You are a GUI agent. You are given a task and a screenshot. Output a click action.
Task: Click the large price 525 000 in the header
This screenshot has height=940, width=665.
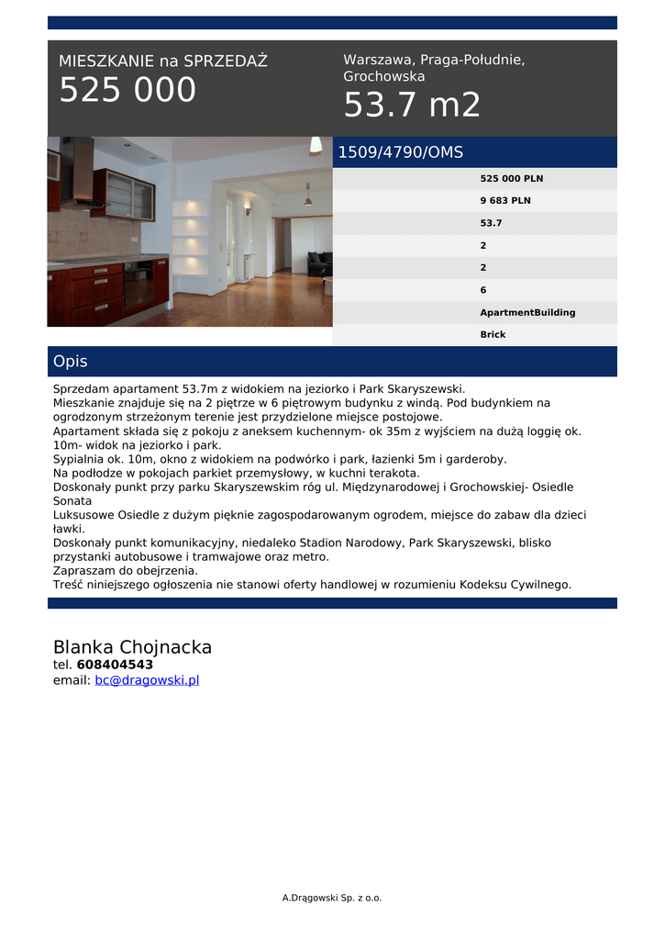pos(127,90)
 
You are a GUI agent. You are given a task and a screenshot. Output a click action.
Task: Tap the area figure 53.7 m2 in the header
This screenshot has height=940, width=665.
pos(412,106)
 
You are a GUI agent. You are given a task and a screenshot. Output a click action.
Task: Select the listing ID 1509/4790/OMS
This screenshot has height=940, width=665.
pos(401,152)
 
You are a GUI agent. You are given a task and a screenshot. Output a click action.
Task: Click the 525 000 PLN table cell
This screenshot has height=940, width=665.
pos(511,179)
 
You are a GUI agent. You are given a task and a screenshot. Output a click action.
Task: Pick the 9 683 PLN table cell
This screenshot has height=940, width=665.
pos(504,201)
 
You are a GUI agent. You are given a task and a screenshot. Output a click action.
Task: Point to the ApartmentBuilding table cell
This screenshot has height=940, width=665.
pos(527,313)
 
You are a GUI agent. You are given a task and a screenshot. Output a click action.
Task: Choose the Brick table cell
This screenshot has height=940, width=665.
pos(493,335)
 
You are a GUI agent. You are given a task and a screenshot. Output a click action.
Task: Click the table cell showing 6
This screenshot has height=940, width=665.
pos(483,290)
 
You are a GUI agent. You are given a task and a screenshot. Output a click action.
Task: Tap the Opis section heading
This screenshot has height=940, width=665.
pos(71,362)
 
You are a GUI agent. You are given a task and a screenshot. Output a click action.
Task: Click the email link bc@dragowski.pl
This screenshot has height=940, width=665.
pos(147,680)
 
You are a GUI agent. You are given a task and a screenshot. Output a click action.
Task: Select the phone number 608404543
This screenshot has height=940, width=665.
pos(115,665)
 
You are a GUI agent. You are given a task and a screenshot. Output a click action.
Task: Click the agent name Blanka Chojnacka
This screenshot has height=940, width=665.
pos(132,647)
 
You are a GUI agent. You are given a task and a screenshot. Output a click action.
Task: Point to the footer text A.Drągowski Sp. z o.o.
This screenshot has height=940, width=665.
pos(332,898)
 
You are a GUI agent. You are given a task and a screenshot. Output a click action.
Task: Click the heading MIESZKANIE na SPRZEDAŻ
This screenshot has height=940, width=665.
pos(163,62)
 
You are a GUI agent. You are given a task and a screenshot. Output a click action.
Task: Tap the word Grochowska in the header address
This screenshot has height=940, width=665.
pos(384,77)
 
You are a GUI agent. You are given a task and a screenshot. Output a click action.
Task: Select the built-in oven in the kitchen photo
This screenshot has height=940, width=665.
pos(138,286)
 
